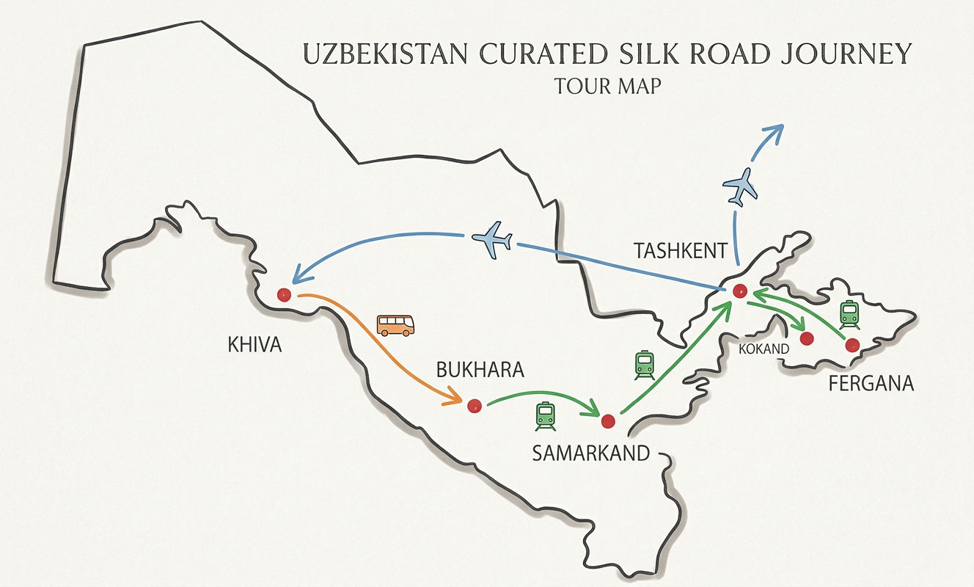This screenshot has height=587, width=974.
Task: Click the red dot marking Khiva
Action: tap(284, 295)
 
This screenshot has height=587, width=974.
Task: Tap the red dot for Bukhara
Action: tap(474, 405)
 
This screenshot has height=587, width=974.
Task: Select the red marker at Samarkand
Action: tap(607, 421)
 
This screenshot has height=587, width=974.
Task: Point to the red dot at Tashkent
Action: tap(739, 291)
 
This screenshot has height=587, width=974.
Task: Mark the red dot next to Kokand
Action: tap(807, 338)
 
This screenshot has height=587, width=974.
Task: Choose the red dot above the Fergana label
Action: tap(852, 345)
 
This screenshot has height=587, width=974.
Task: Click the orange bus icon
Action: tap(395, 325)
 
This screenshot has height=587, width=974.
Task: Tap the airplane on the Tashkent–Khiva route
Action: tap(492, 241)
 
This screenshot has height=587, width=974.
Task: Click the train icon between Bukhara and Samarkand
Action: tap(546, 416)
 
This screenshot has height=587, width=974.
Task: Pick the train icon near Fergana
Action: tap(849, 315)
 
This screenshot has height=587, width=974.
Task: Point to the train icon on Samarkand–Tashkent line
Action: tap(644, 365)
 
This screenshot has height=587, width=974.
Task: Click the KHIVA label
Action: tap(255, 344)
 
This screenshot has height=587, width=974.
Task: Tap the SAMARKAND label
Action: tap(591, 453)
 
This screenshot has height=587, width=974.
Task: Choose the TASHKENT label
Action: tap(681, 252)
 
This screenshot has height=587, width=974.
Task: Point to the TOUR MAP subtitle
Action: tap(608, 86)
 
